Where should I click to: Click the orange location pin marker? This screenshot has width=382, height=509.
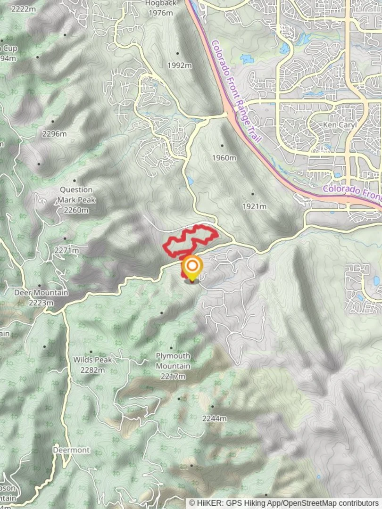[192, 268]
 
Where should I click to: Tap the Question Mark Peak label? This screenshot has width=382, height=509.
[76, 195]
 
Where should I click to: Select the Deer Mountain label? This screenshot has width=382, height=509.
[41, 293]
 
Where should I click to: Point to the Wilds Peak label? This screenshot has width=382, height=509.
[92, 360]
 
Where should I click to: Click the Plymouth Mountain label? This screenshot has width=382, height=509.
[173, 361]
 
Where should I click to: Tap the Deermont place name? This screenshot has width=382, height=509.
[71, 450]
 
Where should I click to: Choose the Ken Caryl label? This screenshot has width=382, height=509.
[335, 125]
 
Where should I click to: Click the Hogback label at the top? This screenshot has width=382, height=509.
[161, 3]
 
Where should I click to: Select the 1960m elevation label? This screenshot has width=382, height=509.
[224, 157]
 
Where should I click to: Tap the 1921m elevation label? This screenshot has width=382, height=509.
[254, 206]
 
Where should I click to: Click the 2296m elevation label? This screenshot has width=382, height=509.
[54, 134]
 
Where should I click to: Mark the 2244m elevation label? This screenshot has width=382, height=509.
[215, 419]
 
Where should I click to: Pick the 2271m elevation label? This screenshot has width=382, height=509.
[66, 251]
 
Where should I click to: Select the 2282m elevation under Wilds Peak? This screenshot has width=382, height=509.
[92, 370]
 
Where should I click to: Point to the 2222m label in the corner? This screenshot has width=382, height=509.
[23, 9]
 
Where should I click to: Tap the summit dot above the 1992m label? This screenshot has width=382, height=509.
[178, 53]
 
